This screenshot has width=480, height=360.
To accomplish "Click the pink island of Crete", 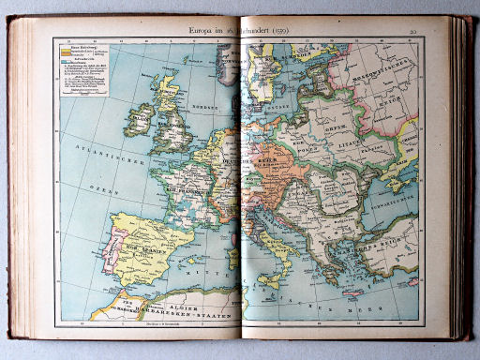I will (352, 301).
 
